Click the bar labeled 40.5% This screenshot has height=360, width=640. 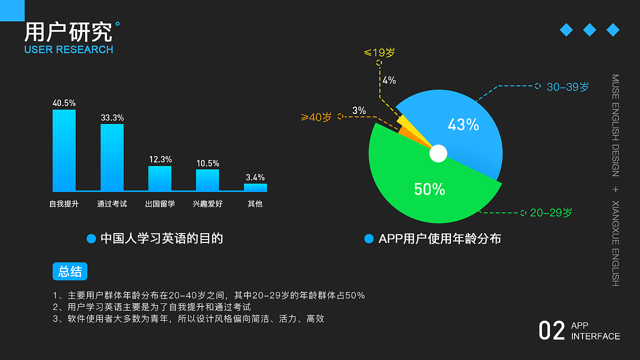[64, 150]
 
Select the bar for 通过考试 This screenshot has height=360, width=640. [112, 157]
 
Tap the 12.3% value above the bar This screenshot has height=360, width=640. [160, 159]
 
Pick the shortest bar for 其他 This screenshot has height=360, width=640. [255, 187]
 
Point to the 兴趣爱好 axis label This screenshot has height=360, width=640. [207, 204]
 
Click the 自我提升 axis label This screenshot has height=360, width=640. [64, 204]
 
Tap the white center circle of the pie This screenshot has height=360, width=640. [438, 153]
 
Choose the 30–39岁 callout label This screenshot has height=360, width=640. [567, 87]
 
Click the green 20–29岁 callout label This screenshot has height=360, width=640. [551, 213]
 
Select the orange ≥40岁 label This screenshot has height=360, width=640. [316, 117]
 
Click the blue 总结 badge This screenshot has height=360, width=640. [70, 271]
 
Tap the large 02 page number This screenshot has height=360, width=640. [551, 331]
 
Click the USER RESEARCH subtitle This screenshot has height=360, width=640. [68, 49]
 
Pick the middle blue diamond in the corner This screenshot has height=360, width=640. [589, 30]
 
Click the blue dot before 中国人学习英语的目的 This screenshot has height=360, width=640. [91, 239]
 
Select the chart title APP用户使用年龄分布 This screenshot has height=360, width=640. [439, 239]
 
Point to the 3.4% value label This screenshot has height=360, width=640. [255, 177]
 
